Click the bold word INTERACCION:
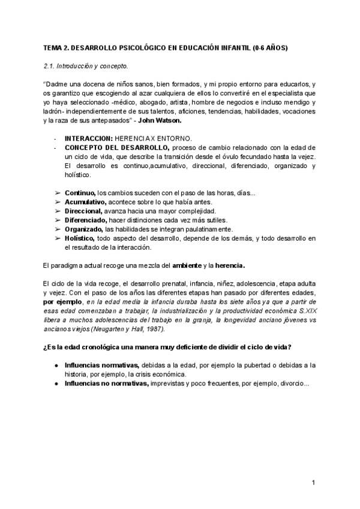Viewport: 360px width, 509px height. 88,138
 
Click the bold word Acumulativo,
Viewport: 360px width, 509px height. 85,202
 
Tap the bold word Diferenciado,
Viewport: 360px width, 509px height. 86,220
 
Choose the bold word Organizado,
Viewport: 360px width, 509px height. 84,229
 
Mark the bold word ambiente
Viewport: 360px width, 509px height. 187,265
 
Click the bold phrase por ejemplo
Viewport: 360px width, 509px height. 62,302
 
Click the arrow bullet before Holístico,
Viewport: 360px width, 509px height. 58,238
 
